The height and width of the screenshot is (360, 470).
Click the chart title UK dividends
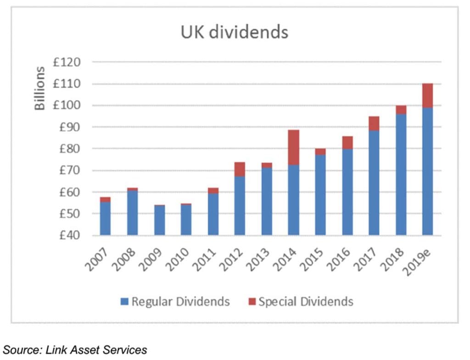click(234, 33)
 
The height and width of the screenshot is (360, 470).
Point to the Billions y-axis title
click(40, 88)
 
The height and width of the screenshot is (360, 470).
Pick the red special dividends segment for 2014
click(293, 147)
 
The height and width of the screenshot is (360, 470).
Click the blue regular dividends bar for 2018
click(401, 174)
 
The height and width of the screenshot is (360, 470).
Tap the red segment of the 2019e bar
click(427, 96)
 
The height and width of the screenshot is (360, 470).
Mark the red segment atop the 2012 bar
click(240, 169)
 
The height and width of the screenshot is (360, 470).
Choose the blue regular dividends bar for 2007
click(105, 219)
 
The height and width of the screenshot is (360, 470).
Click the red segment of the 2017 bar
click(374, 124)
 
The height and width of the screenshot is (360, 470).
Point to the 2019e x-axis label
click(423, 258)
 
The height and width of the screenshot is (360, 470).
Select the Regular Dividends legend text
click(180, 302)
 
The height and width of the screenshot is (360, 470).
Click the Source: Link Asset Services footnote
click(75, 349)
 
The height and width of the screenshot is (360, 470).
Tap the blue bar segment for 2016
click(347, 192)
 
